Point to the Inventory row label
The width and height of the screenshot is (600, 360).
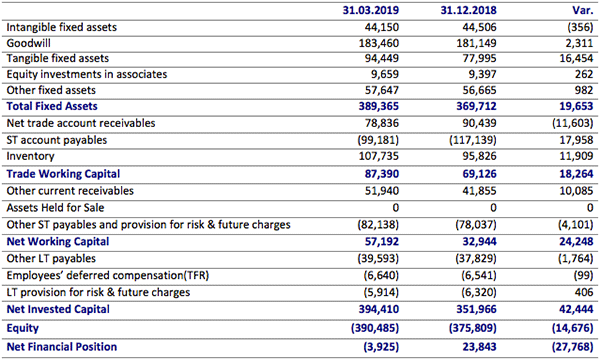30,157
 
